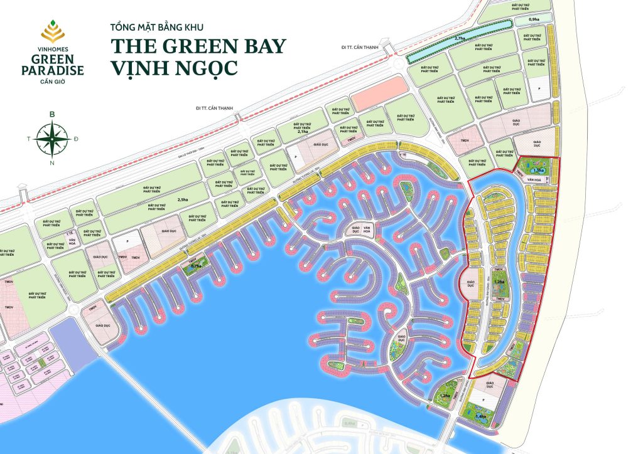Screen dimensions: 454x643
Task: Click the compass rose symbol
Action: (x=52, y=139)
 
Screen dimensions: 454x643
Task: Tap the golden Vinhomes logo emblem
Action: (x=52, y=29)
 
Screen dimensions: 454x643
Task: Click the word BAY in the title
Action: (x=259, y=45)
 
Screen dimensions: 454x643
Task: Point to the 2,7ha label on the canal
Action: (x=459, y=38)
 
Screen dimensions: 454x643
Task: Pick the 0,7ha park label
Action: (x=196, y=266)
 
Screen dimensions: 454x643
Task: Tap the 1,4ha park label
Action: (x=480, y=416)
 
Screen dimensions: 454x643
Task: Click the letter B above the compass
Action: (x=52, y=115)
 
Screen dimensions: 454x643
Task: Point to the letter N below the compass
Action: (x=52, y=163)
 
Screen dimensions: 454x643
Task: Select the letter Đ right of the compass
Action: (x=76, y=139)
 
